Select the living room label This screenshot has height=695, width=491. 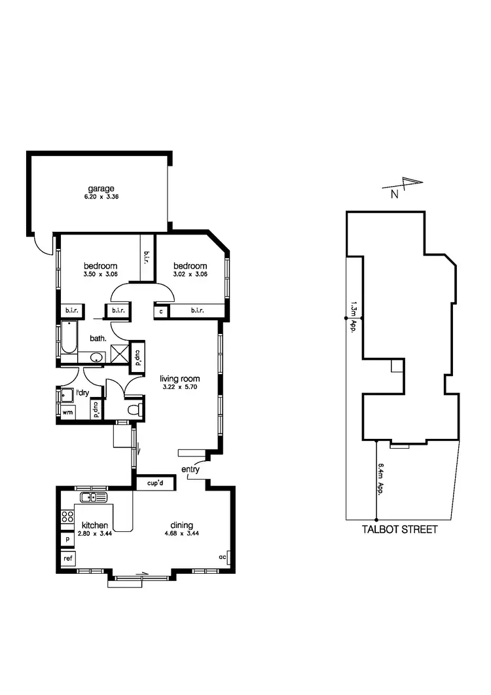coord(180,379)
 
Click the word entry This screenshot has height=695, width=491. coord(191,470)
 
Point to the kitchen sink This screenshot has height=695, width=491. coord(93,498)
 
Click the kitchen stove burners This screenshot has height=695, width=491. coord(66,516)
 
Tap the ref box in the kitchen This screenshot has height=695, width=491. coord(67,559)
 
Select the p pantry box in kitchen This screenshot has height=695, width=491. coord(67,539)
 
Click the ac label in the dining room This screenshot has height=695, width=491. coord(223,557)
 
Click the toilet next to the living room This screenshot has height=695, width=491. coord(135,410)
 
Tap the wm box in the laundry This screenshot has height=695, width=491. coord(67,413)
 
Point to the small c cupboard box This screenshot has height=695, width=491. coord(161,310)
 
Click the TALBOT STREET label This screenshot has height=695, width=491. coord(399,529)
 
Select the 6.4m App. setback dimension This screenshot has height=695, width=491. coord(381,479)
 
